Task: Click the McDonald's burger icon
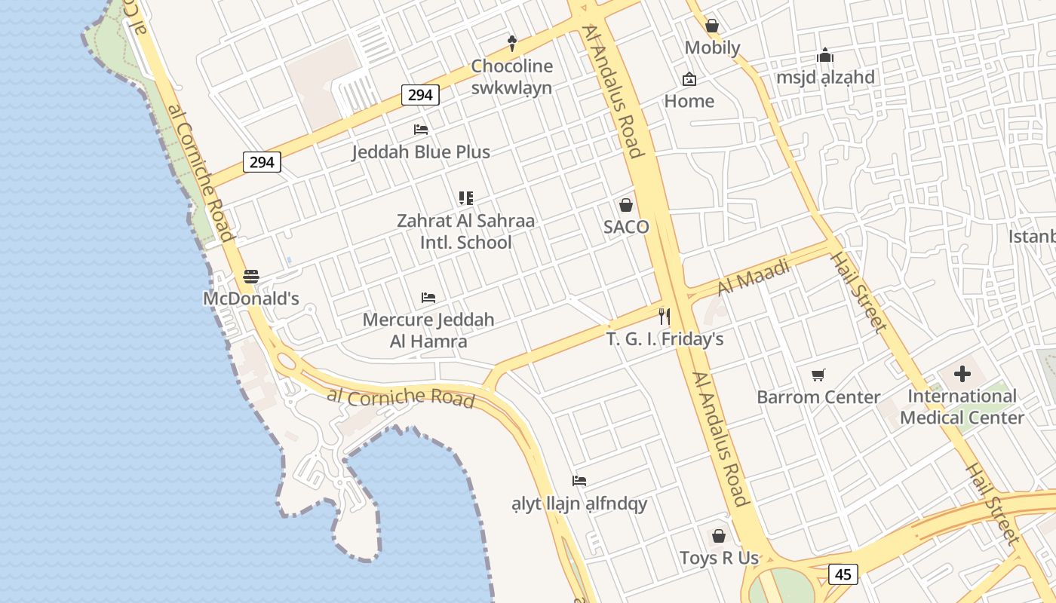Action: (251, 277)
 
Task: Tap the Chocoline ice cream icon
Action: (512, 43)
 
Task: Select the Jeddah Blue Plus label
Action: (421, 152)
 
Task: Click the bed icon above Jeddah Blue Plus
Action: (421, 130)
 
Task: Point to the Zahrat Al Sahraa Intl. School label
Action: (465, 231)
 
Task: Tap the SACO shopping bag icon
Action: (626, 205)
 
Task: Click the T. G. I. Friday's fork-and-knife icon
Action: (665, 316)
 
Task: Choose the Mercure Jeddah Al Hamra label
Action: (428, 330)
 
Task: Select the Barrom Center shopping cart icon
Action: (818, 375)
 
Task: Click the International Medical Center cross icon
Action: (962, 373)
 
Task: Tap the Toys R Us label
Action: (719, 559)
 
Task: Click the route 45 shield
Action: (843, 574)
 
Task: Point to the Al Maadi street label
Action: (753, 277)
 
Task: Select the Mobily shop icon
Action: (712, 26)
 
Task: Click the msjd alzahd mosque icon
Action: (826, 55)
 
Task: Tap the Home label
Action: (689, 101)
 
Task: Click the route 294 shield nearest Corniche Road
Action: (262, 162)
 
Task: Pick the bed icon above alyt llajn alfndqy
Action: (579, 481)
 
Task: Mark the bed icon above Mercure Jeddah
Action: (428, 298)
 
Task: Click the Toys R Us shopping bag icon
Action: (719, 536)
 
